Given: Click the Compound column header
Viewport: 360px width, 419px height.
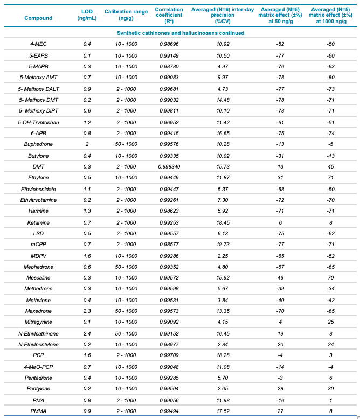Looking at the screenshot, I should click(38, 18).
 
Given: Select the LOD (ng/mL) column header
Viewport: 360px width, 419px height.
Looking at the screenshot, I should click(87, 14).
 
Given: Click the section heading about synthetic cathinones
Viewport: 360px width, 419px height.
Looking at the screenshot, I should click(181, 33).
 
